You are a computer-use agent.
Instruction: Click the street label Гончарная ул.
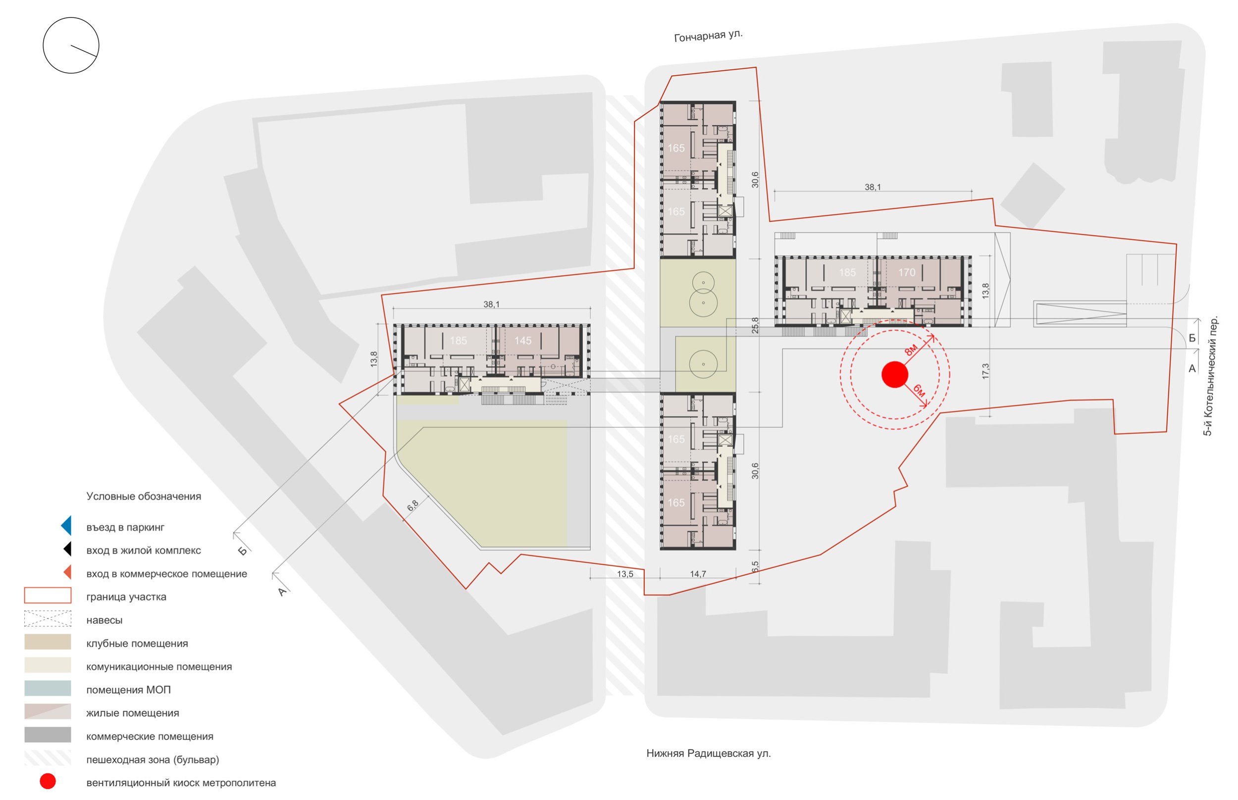708,36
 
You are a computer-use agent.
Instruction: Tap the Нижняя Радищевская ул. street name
708,753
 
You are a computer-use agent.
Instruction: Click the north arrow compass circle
71,45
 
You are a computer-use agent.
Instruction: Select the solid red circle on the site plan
895,374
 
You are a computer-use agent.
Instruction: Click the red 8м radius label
911,350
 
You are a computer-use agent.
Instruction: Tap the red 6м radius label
919,391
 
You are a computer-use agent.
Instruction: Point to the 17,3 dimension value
985,371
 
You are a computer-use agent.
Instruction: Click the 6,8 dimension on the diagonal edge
413,506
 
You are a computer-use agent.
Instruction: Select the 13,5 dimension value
625,574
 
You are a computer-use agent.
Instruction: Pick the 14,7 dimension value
698,574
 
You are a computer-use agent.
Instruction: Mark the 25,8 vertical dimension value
755,326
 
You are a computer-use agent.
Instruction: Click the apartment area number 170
907,272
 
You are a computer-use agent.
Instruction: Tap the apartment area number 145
522,341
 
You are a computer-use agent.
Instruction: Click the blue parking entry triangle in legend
66,525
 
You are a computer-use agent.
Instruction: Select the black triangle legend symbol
67,549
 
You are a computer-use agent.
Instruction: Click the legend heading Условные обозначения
144,497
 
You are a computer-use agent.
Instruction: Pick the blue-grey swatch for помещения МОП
48,688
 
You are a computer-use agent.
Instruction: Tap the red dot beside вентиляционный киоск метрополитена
48,781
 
